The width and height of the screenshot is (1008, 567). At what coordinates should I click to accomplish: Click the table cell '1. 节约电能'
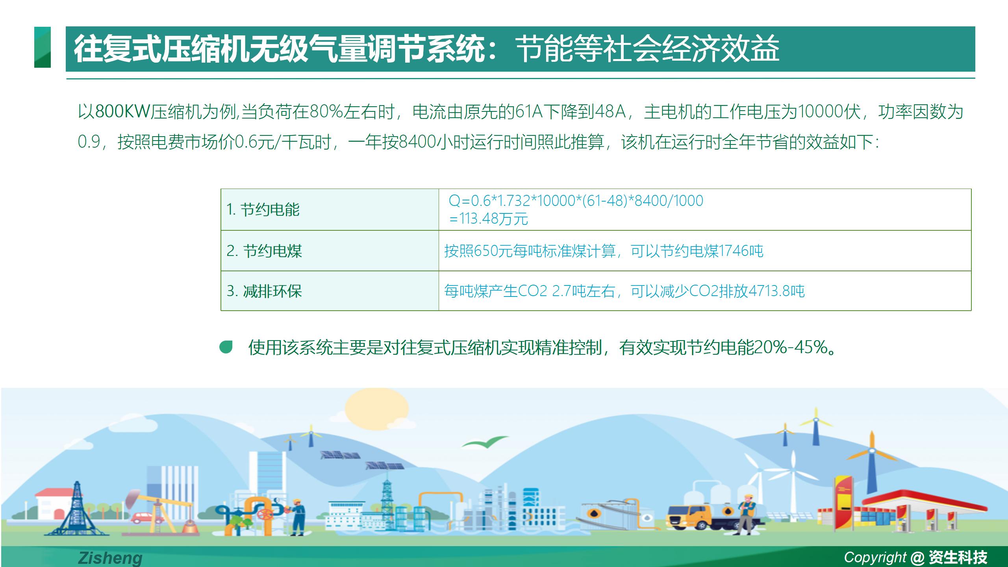(x=330, y=209)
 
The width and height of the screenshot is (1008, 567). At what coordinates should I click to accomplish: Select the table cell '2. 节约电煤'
(x=330, y=251)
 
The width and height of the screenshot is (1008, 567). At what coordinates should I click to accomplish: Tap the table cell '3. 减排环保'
(x=330, y=291)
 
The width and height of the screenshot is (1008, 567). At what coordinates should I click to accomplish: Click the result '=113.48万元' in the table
(x=488, y=219)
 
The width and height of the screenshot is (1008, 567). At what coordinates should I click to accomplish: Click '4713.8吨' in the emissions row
(x=776, y=291)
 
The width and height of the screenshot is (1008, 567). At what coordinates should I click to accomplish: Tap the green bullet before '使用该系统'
(x=226, y=347)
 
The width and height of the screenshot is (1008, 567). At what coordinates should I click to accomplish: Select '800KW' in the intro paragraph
(x=122, y=112)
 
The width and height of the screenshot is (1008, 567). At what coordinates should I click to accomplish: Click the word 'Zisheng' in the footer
(x=110, y=558)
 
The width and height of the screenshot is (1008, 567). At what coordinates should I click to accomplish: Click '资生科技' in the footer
(x=958, y=557)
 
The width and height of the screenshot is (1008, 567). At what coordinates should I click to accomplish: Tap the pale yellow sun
(x=377, y=408)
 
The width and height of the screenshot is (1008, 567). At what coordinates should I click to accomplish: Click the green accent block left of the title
(x=43, y=47)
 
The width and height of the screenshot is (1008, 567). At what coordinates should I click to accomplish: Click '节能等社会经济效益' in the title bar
(x=648, y=49)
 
